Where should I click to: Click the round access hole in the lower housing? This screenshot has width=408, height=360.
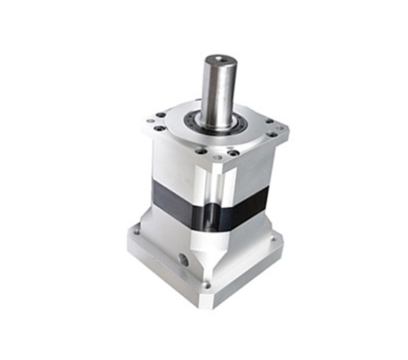pyautogui.click(x=184, y=259)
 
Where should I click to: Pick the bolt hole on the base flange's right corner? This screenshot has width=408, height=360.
pyautogui.click(x=274, y=238)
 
